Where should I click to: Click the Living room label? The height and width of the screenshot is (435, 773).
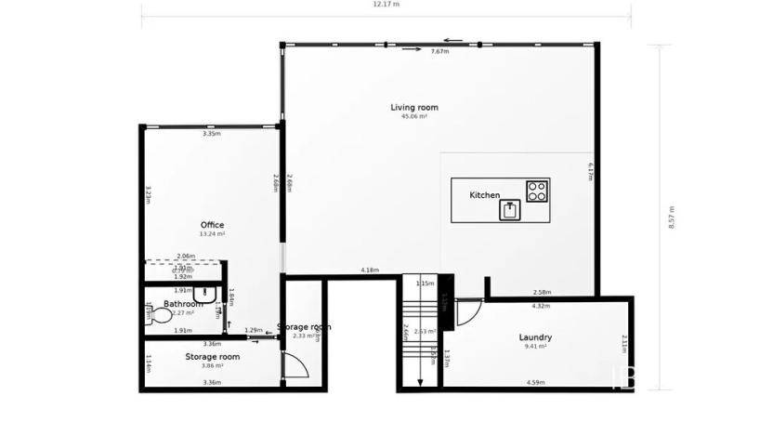point(413,108)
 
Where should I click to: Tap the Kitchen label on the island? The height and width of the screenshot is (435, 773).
point(484,195)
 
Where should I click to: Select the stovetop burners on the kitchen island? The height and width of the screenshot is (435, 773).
point(536,191)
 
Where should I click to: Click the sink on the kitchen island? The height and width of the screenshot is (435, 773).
point(510,210)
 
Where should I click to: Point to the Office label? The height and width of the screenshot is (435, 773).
point(212,225)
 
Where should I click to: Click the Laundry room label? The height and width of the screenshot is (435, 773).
point(535,337)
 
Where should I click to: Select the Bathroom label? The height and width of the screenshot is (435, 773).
point(182,304)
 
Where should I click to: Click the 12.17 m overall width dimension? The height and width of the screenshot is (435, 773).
point(386,5)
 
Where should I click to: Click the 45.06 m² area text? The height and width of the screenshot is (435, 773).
point(413,117)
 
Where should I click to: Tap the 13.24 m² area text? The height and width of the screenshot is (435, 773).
point(212,234)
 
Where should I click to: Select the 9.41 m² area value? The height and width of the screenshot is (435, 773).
point(535,347)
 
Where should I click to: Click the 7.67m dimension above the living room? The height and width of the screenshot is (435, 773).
point(439,52)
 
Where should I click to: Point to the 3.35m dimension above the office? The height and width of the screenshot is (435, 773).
point(211,135)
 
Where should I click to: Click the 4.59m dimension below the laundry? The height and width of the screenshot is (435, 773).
point(534,382)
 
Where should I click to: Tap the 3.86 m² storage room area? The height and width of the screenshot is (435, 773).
point(212,365)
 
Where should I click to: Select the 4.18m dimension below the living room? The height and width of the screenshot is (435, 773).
point(370,270)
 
